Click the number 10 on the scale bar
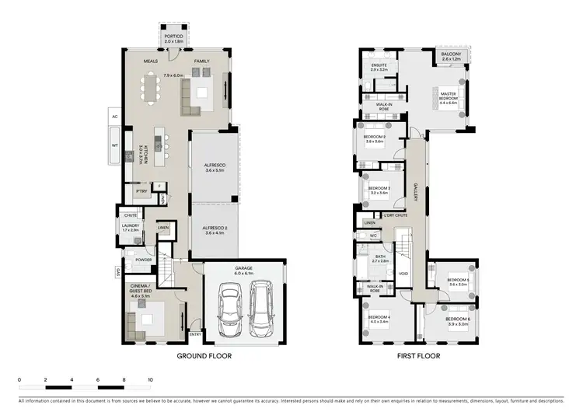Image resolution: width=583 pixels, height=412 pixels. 150,382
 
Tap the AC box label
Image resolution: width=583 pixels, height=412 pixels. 114,117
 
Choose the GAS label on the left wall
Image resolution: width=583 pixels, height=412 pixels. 117,272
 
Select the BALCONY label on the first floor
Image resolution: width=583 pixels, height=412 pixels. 451,55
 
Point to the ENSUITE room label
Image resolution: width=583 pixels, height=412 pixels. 379,65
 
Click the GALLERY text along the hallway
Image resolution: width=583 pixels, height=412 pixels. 416,193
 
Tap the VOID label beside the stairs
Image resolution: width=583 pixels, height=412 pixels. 403,273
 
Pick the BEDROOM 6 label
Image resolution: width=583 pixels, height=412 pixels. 458,319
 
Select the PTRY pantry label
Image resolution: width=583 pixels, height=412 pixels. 141,191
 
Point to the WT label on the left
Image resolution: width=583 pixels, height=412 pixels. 114,145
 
